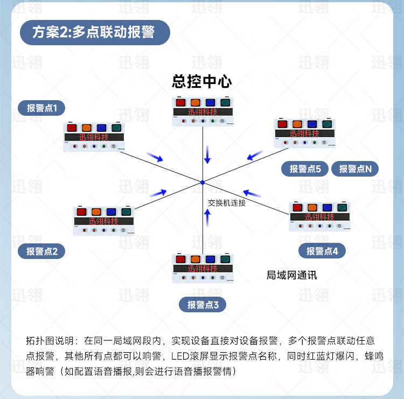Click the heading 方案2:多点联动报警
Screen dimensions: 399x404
click(94, 32)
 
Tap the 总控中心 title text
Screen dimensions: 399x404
click(202, 82)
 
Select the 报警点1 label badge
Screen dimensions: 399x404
click(45, 108)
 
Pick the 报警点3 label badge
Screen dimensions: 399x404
click(203, 305)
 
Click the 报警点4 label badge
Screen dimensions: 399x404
click(322, 250)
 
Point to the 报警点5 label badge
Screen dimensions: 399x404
click(305, 169)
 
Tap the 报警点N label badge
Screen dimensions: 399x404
click(355, 169)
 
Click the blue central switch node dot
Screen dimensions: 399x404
click(203, 183)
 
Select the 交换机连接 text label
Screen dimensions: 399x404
click(227, 203)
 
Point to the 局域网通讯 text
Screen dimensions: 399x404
click(291, 275)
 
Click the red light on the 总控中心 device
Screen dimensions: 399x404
click(180, 102)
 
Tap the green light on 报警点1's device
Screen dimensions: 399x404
click(116, 128)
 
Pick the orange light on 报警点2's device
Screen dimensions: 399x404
click(96, 212)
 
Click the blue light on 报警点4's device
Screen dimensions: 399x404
click(326, 207)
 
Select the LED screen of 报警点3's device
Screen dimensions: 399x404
click(203, 268)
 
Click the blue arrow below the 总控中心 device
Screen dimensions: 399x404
click(207, 155)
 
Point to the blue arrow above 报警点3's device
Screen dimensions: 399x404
click(208, 217)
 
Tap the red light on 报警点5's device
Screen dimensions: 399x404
click(282, 124)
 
